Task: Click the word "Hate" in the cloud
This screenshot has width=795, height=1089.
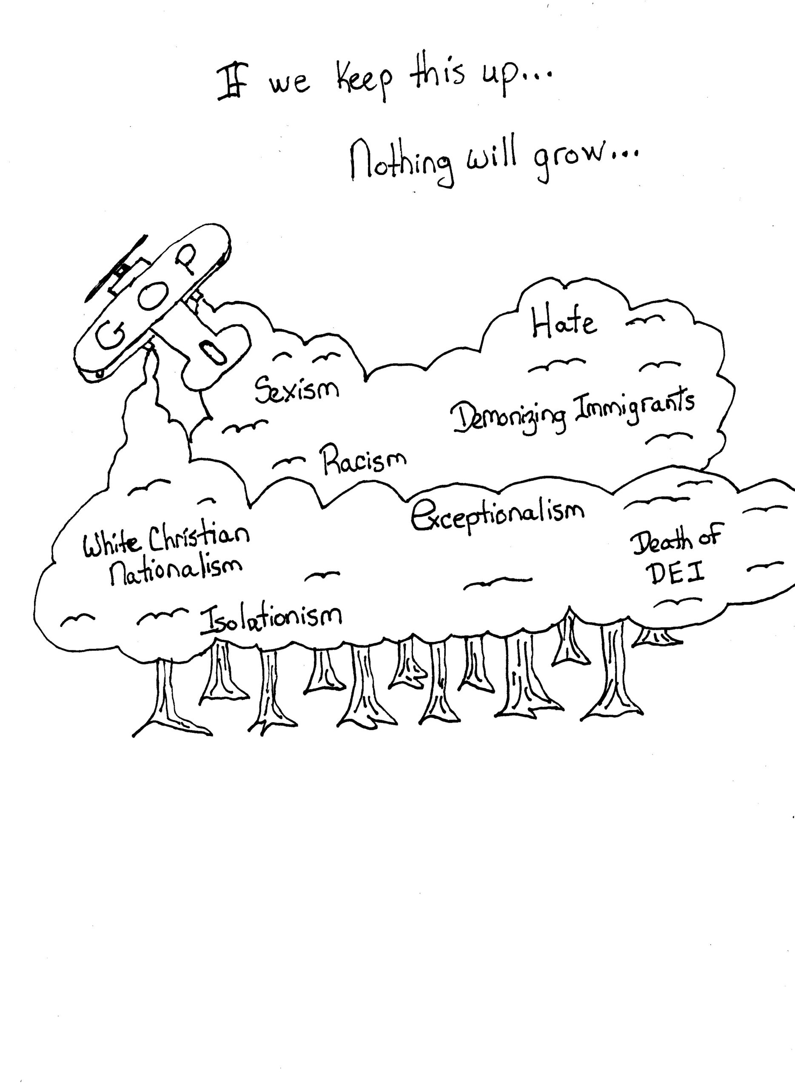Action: coord(564,322)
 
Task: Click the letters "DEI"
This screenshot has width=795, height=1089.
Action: coord(678,573)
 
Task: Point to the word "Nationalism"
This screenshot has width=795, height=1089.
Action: coord(176,570)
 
